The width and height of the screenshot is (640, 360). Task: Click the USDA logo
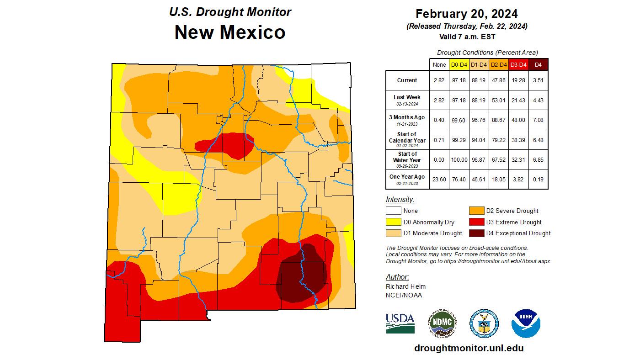[400, 323]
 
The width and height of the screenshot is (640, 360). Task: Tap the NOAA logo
[526, 323]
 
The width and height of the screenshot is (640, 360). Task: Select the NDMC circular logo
[443, 323]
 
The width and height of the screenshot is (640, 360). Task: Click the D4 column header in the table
[538, 65]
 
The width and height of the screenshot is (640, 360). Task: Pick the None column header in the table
[439, 65]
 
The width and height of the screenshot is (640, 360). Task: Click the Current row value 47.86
[498, 80]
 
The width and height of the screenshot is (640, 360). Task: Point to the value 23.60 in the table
[439, 180]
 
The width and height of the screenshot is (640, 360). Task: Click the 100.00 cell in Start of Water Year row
[459, 160]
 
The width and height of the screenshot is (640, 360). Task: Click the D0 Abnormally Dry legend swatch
[394, 222]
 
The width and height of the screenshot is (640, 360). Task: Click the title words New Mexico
[230, 32]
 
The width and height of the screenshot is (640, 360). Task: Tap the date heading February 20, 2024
[467, 13]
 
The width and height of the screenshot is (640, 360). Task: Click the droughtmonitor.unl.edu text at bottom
[469, 348]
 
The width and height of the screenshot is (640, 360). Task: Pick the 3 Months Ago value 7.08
[538, 120]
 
